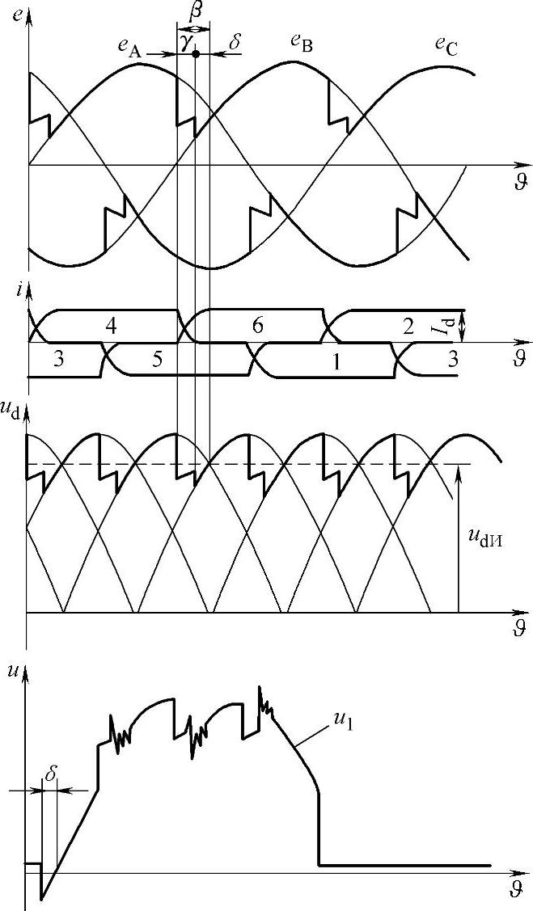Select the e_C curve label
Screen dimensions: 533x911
click(x=446, y=49)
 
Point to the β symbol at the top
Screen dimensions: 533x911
click(x=192, y=12)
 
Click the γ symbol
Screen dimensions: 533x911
click(x=186, y=44)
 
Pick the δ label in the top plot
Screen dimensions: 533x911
click(x=235, y=42)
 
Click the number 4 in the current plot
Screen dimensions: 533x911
click(x=111, y=326)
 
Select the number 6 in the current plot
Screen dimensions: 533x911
click(x=257, y=326)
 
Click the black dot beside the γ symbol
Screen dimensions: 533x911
click(x=196, y=53)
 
